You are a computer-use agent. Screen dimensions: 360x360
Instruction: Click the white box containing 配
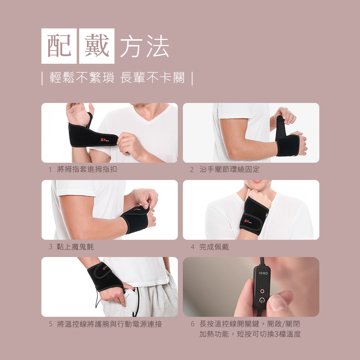pyautogui.click(x=59, y=46)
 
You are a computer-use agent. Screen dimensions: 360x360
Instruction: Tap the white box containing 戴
pyautogui.click(x=96, y=46)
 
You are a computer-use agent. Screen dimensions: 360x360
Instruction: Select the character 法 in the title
pyautogui.click(x=158, y=46)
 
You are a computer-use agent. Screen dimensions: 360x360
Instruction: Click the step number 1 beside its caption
pyautogui.click(x=50, y=170)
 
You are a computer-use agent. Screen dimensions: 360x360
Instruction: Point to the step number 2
pyautogui.click(x=192, y=170)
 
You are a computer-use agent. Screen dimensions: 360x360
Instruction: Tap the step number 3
pyautogui.click(x=50, y=247)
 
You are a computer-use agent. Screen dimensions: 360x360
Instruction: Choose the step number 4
pyautogui.click(x=192, y=247)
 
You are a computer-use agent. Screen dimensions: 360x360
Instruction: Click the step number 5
pyautogui.click(x=51, y=324)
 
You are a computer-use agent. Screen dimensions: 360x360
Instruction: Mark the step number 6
pyautogui.click(x=192, y=324)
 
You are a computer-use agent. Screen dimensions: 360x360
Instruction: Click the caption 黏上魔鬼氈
pyautogui.click(x=75, y=247)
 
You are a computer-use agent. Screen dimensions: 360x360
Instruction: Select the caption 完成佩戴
pyautogui.click(x=214, y=247)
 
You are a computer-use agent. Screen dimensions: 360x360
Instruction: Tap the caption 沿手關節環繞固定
pyautogui.click(x=229, y=170)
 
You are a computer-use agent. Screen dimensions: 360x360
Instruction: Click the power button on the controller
pyautogui.click(x=262, y=300)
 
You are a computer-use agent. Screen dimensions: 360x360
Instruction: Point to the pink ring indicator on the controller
pyautogui.click(x=262, y=291)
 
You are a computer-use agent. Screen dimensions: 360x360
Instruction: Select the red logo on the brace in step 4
pyautogui.click(x=247, y=221)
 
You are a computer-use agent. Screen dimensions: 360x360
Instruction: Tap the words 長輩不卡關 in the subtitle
pyautogui.click(x=152, y=77)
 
